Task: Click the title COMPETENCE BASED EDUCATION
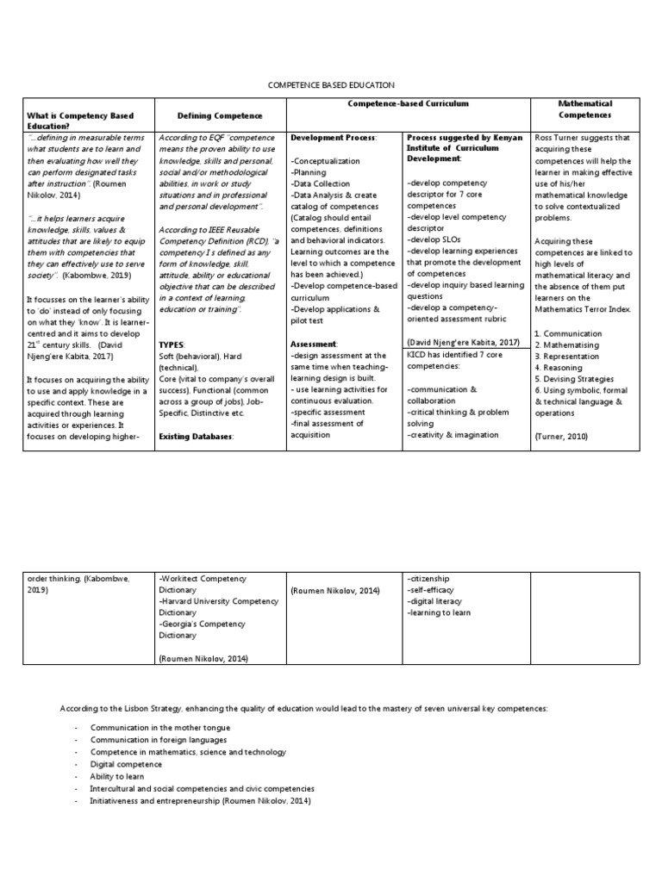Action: tap(332, 85)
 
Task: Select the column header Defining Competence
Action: tap(220, 115)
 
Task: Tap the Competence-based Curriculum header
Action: tap(408, 103)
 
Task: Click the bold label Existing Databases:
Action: tap(196, 437)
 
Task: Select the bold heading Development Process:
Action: tap(334, 138)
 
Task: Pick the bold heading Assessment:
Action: tap(314, 343)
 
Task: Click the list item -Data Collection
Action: tap(321, 183)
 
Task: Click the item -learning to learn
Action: tap(438, 612)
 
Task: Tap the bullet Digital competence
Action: tap(126, 764)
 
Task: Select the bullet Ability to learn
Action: tap(116, 776)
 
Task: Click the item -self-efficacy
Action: tap(428, 590)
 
